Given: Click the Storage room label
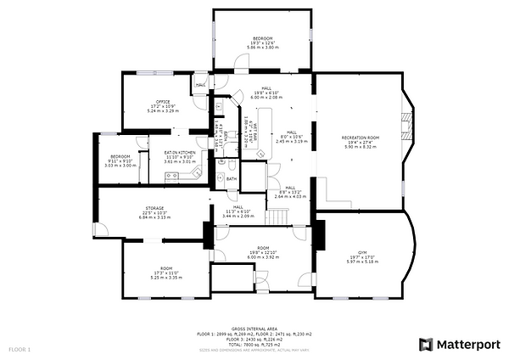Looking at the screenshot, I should (154, 207).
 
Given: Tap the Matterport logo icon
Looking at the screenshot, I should (427, 344).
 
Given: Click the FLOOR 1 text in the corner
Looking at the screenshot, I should (20, 349).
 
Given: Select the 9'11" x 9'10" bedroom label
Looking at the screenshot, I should (120, 160).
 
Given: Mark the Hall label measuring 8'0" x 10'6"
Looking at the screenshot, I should (291, 136).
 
